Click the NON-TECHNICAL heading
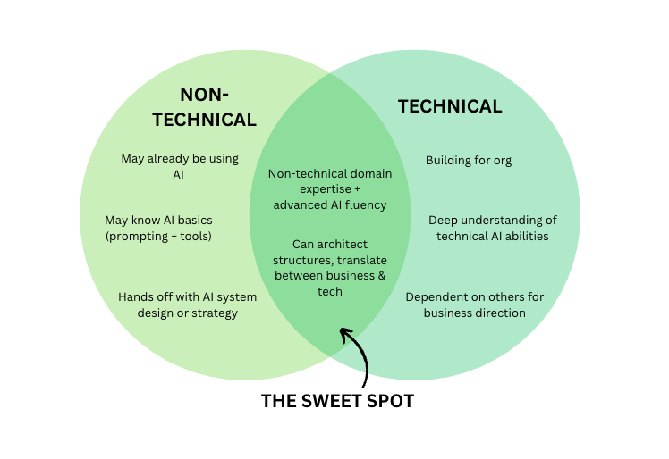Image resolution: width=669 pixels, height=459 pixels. (217, 106)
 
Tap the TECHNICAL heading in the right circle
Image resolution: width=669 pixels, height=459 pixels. (450, 106)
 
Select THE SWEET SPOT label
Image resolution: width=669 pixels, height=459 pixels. (337, 401)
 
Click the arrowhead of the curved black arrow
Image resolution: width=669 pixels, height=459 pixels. (344, 335)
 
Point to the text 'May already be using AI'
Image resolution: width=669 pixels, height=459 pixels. (180, 166)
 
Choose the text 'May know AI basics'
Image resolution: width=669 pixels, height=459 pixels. (158, 220)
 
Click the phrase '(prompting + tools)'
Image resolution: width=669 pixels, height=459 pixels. (158, 237)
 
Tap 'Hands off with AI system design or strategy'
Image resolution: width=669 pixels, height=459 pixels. (187, 305)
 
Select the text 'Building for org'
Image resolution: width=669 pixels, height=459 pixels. (468, 161)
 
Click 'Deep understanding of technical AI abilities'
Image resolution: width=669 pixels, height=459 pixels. (492, 228)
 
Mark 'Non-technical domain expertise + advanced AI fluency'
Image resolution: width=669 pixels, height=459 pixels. (329, 188)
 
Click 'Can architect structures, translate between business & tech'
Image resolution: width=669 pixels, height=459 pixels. (329, 267)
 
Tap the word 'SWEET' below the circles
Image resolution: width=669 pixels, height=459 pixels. (333, 401)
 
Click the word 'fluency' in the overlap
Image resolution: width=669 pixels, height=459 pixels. (366, 204)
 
